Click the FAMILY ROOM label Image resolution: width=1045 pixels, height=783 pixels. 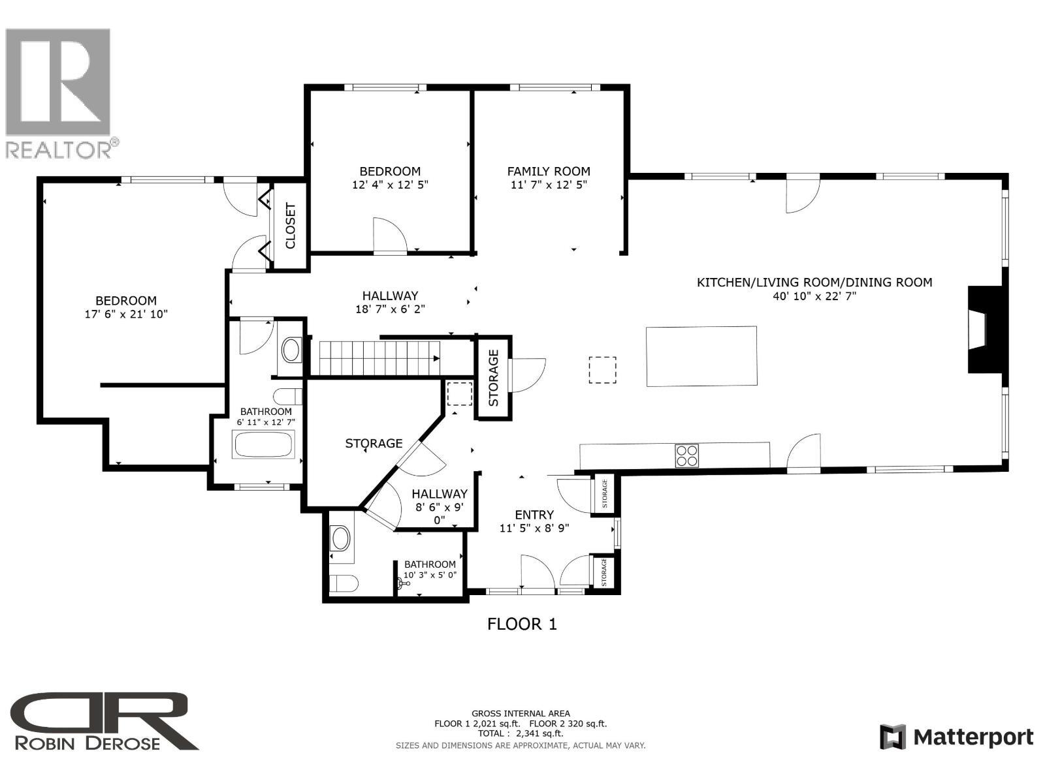click(x=549, y=171)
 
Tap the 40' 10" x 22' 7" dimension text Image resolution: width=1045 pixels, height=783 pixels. click(x=814, y=296)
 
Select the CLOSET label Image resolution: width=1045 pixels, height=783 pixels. click(x=291, y=226)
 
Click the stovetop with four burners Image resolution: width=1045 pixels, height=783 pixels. click(x=686, y=455)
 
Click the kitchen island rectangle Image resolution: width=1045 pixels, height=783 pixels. click(x=701, y=356)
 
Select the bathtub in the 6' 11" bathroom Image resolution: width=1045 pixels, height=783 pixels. click(x=264, y=445)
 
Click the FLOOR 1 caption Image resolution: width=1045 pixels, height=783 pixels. click(x=522, y=624)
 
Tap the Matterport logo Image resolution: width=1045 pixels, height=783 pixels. click(x=957, y=737)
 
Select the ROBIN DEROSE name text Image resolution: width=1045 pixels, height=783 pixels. click(x=88, y=743)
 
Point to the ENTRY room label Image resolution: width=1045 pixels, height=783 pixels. click(x=534, y=514)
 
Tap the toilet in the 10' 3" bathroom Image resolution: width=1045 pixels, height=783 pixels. click(x=343, y=583)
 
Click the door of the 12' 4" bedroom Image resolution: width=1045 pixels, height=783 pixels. click(x=390, y=236)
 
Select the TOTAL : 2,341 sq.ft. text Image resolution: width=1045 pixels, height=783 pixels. click(x=521, y=733)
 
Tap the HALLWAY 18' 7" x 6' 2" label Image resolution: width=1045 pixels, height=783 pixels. click(x=390, y=302)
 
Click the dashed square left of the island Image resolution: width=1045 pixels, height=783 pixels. click(x=602, y=370)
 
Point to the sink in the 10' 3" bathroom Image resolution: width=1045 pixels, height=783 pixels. click(x=341, y=540)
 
